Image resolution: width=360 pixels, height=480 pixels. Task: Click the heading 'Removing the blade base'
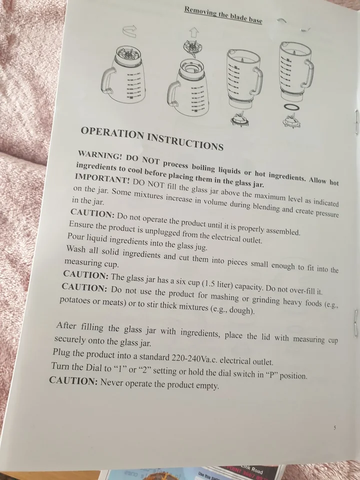point(223,14)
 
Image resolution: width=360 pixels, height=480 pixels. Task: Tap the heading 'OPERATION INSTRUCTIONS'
point(152,138)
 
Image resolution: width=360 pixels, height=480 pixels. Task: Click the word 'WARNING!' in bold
point(100,155)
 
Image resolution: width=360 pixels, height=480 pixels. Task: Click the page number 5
point(334,427)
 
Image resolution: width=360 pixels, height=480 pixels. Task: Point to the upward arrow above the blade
point(194,32)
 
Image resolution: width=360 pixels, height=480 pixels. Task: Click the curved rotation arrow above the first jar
point(129,31)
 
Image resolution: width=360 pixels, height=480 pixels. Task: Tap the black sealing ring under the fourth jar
point(291,107)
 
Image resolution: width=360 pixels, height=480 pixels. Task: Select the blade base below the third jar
point(239,119)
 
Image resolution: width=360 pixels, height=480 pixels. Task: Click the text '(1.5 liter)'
point(217,284)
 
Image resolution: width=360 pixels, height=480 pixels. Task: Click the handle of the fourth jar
point(308,73)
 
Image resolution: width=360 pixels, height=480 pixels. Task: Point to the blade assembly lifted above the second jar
point(192,48)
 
